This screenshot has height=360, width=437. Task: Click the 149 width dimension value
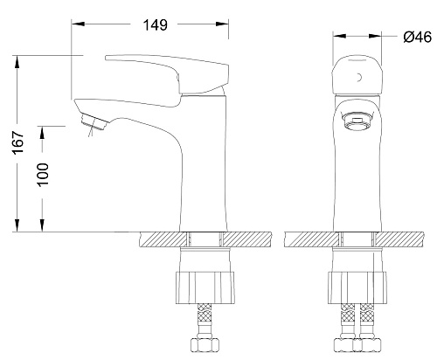click(156, 25)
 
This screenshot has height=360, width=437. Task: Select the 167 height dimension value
click(18, 142)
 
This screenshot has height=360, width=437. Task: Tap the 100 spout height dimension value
click(43, 175)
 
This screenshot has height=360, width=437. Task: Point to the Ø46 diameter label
click(417, 37)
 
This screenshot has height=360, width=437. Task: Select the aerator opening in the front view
click(357, 121)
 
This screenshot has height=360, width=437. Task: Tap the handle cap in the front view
click(357, 77)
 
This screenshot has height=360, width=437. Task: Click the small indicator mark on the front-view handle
click(359, 78)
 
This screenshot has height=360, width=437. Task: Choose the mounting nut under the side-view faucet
click(205, 287)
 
